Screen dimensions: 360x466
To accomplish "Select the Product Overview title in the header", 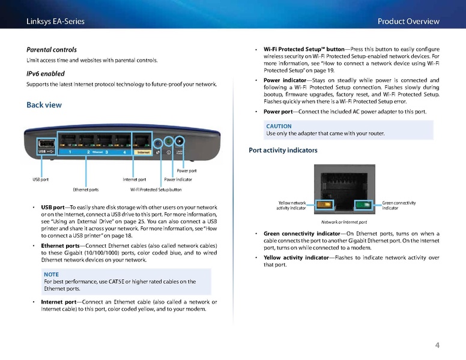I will [408, 21].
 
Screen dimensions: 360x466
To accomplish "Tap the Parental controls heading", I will [51, 49].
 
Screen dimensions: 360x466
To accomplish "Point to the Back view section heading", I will [44, 105].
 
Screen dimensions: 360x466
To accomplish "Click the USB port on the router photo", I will [45, 144].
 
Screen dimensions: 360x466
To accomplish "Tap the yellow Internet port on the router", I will [142, 143].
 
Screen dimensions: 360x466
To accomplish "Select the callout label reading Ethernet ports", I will [85, 190].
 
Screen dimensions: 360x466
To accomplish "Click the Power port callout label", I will [186, 171].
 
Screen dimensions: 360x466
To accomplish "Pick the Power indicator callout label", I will [178, 179].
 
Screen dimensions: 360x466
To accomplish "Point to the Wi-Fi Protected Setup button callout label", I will [156, 190].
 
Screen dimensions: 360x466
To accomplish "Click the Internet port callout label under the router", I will [134, 179].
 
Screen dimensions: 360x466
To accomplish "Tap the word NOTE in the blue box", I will [52, 274].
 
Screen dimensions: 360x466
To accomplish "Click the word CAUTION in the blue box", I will [279, 126].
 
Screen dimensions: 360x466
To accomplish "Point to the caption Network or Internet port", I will [344, 222].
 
